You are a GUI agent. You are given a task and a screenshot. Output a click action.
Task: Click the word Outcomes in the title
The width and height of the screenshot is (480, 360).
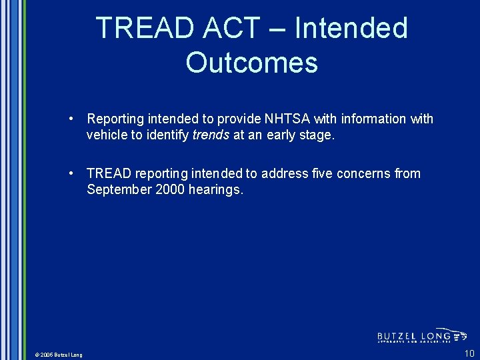click(252, 63)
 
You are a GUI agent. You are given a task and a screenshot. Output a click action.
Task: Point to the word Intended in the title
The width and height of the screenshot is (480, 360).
click(351, 29)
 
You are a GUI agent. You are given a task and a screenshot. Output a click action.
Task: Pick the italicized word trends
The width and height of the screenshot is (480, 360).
click(210, 135)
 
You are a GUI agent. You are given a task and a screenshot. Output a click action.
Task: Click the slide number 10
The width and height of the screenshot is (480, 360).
click(469, 353)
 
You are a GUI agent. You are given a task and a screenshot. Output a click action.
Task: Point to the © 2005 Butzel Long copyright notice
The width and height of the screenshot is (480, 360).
click(58, 355)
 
